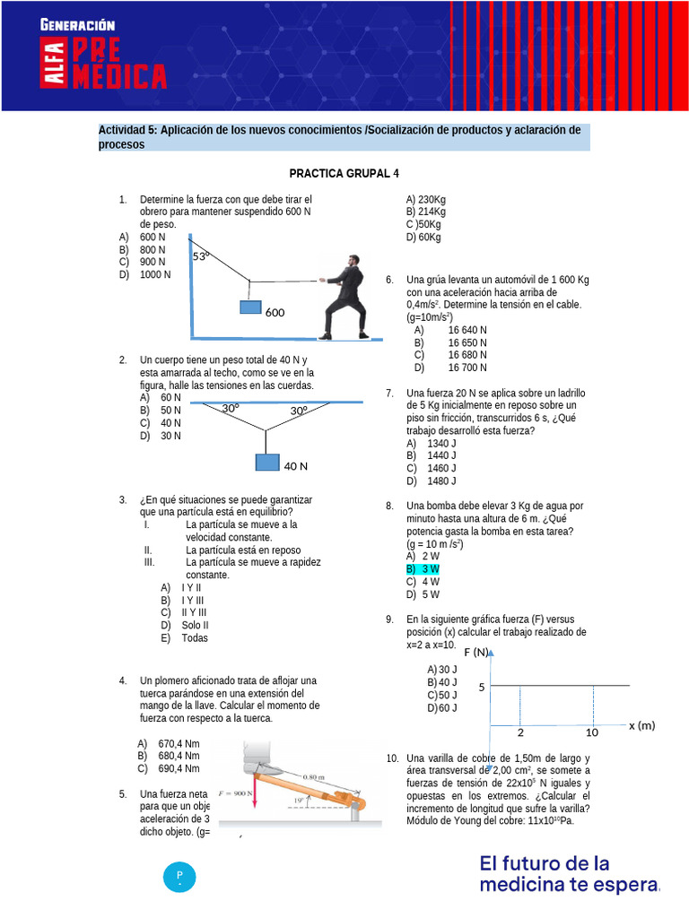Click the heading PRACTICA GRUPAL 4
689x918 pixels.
344,173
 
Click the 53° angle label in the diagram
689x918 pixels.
201,256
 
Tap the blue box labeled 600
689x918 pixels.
250,307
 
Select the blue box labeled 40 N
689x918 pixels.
267,463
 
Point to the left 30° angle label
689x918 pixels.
231,408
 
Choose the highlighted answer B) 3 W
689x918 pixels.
423,569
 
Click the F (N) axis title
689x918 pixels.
475,652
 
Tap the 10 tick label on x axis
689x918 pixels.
592,732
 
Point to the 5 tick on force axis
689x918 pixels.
482,688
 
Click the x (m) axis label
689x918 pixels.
641,725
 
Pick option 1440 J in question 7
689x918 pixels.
441,455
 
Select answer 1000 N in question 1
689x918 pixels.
155,275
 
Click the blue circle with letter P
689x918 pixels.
179,876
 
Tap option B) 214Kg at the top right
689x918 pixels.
426,212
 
